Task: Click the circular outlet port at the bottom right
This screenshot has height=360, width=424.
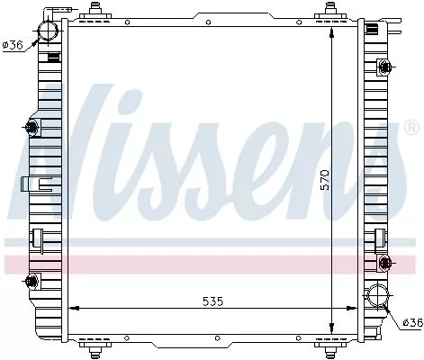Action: pos(378,296)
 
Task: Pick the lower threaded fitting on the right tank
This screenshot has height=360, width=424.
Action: pos(386,262)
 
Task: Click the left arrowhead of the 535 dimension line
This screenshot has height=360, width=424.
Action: pos(71,309)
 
